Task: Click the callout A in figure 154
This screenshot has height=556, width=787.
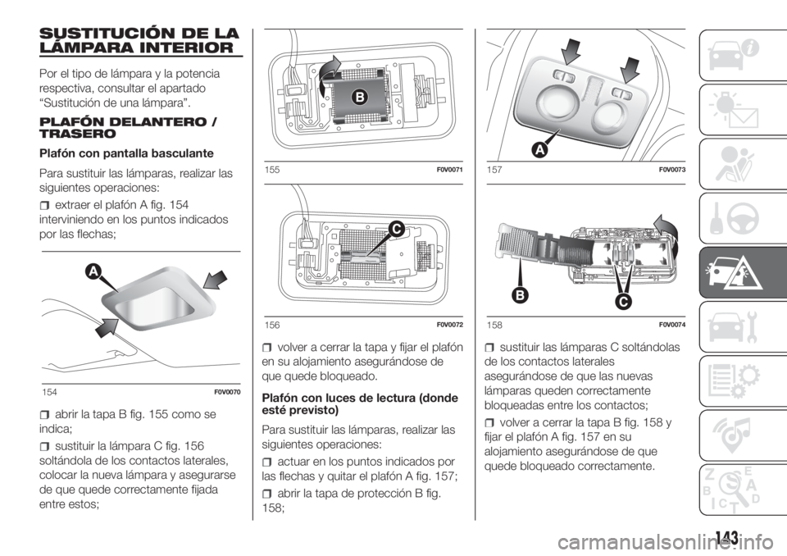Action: click(x=93, y=271)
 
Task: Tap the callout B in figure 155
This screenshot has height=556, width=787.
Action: click(x=360, y=97)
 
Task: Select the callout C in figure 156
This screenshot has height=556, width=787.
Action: click(x=395, y=230)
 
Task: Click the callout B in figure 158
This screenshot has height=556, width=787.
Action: click(x=521, y=295)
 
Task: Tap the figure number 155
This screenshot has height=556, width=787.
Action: click(x=271, y=170)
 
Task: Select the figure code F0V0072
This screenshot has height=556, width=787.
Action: click(x=450, y=325)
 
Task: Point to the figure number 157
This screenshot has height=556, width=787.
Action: click(x=494, y=170)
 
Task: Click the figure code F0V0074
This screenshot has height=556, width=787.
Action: click(x=672, y=325)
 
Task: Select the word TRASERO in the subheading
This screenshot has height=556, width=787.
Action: click(x=77, y=134)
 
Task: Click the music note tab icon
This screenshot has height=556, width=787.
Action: click(x=734, y=435)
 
